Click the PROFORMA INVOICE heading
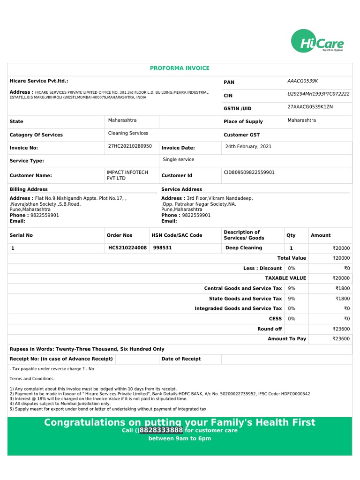pyautogui.click(x=180, y=68)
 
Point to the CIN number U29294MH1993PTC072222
pyautogui.click(x=318, y=94)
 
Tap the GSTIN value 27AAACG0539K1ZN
pyautogui.click(x=310, y=107)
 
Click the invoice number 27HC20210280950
pyautogui.click(x=130, y=146)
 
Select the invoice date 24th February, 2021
pyautogui.click(x=248, y=146)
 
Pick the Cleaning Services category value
pyautogui.click(x=128, y=134)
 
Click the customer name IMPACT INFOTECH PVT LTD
pyautogui.click(x=127, y=175)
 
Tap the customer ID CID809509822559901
pyautogui.click(x=249, y=172)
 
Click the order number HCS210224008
pyautogui.click(x=127, y=248)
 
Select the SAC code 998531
pyautogui.click(x=162, y=248)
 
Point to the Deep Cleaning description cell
pyautogui.click(x=244, y=248)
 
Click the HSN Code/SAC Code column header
pyautogui.click(x=177, y=235)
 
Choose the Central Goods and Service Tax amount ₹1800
pyautogui.click(x=342, y=289)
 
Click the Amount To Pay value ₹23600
pyautogui.click(x=341, y=339)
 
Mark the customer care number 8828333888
pyautogui.click(x=161, y=430)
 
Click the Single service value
pyautogui.click(x=178, y=160)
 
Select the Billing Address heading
pyautogui.click(x=29, y=189)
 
